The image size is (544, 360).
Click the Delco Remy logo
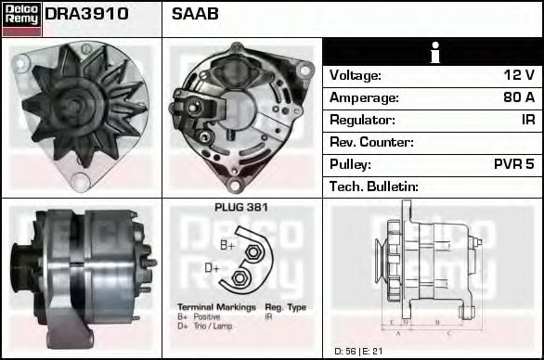tap(21, 18)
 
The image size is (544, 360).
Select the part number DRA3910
tap(86, 15)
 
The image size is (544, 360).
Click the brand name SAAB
tap(194, 15)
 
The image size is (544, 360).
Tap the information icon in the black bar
tap(433, 53)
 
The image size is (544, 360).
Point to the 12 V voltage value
tap(519, 75)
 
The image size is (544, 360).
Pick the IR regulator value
tap(527, 120)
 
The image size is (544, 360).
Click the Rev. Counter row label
tap(371, 142)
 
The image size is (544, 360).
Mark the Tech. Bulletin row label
tap(373, 186)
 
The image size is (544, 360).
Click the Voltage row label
tap(356, 75)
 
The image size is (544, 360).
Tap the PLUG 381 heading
tap(240, 208)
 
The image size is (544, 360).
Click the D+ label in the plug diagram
tap(213, 269)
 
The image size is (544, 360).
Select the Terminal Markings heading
tap(216, 306)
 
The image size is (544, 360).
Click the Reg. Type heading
tap(286, 306)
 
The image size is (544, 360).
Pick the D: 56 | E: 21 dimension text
tap(358, 351)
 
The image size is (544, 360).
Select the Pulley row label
tap(351, 164)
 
